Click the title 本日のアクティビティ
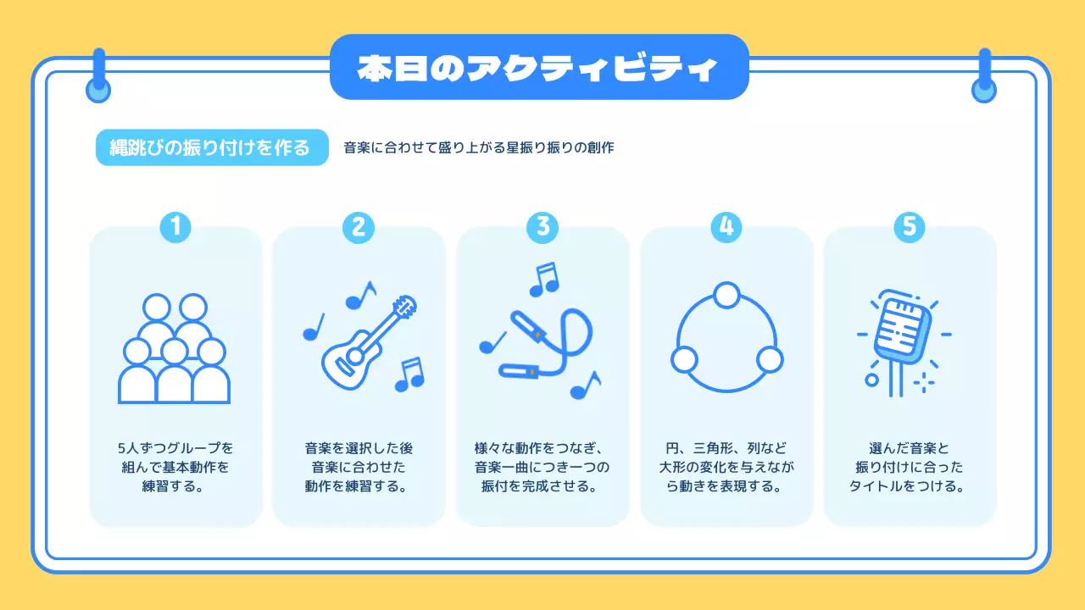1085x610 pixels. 538,67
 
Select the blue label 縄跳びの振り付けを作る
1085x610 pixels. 211,147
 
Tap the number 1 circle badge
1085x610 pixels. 175,226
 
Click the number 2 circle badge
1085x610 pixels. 359,226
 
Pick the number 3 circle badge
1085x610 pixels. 542,226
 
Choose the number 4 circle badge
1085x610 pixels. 726,226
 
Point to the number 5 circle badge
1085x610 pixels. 910,226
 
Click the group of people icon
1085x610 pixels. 175,349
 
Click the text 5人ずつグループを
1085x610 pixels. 175,447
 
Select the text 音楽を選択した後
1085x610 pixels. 359,447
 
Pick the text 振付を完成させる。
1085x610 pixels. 542,487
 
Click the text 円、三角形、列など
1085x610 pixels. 726,447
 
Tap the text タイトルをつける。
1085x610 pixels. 909,487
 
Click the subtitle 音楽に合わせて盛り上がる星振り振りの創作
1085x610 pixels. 478,147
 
